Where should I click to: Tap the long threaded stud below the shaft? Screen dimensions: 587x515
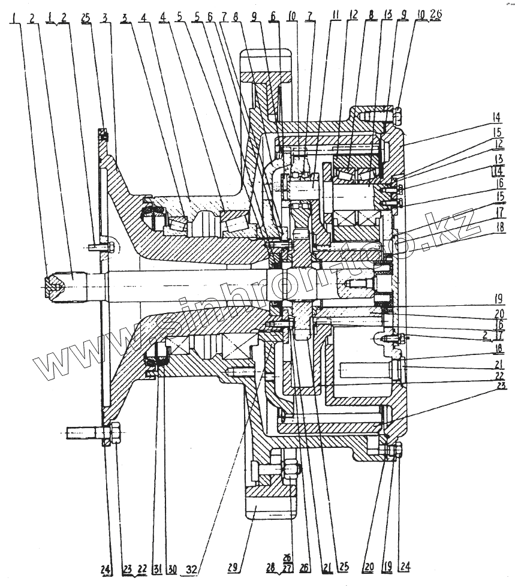click(x=87, y=432)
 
